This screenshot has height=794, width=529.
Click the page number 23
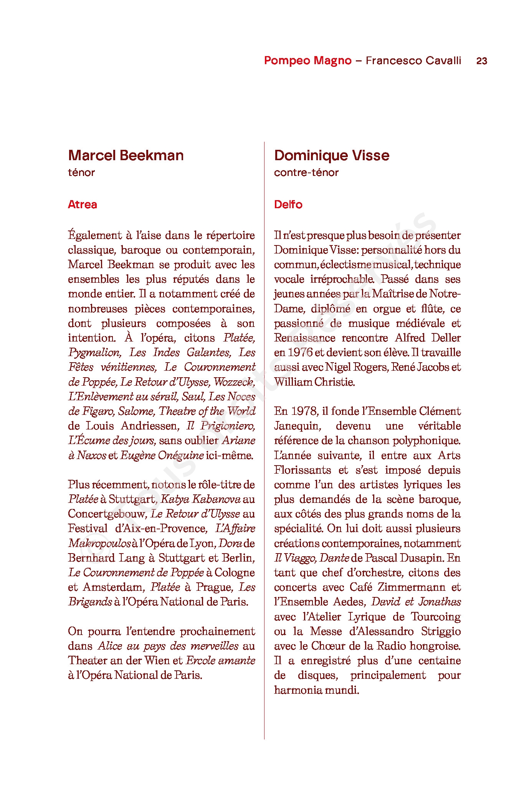tap(481, 61)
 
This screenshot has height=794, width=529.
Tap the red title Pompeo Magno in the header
tap(307, 61)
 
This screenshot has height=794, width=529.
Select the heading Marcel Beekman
tap(126, 156)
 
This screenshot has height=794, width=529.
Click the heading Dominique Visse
tap(332, 156)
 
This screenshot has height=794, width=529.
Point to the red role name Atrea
tap(83, 204)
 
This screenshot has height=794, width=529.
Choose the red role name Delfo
tap(288, 204)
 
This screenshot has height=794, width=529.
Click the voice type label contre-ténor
tap(306, 172)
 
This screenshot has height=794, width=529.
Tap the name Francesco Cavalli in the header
tap(413, 61)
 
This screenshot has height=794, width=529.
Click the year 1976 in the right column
tap(300, 353)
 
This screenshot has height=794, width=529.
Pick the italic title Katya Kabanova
tap(201, 499)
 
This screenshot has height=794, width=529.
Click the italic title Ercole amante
tap(220, 661)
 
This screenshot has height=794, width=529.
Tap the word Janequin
tap(298, 426)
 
